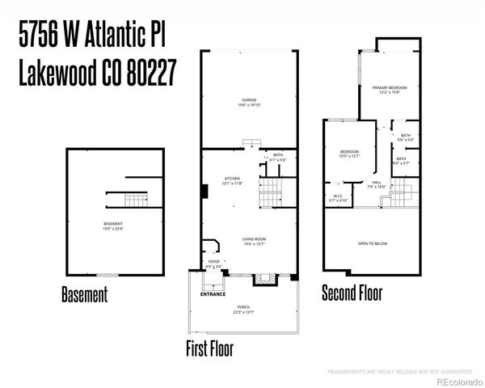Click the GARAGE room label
coord(249,99)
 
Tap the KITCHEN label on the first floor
coord(234,179)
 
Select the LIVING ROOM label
coord(254,239)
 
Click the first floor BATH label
coord(277,154)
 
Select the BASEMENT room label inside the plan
coord(113,224)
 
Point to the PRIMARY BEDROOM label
coord(390,86)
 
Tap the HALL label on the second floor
coord(377,183)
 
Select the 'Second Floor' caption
coord(352,292)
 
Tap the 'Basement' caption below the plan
coord(84,295)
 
